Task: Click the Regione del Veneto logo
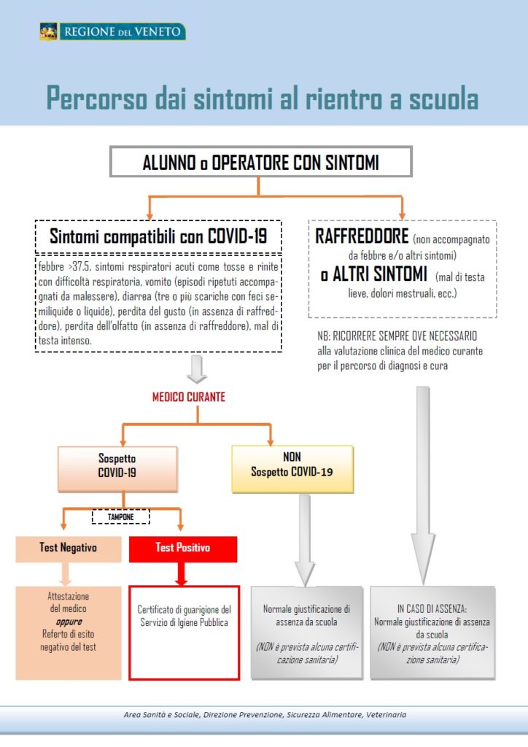click(112, 32)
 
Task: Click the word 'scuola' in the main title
click(443, 98)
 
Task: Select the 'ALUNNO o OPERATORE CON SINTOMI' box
click(261, 162)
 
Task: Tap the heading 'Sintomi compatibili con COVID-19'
click(158, 236)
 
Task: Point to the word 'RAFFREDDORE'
click(362, 236)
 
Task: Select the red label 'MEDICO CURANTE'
click(189, 397)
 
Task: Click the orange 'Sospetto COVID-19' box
click(117, 469)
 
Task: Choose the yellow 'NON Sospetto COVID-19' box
click(292, 469)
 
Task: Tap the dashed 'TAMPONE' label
click(121, 517)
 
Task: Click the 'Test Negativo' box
click(69, 549)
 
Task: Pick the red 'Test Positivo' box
click(183, 549)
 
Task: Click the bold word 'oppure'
click(69, 622)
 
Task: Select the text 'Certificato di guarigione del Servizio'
click(185, 616)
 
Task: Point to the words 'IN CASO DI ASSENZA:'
click(432, 609)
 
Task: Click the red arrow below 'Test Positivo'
click(181, 574)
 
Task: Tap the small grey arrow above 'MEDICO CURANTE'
click(197, 369)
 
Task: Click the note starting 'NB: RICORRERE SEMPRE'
click(400, 351)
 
